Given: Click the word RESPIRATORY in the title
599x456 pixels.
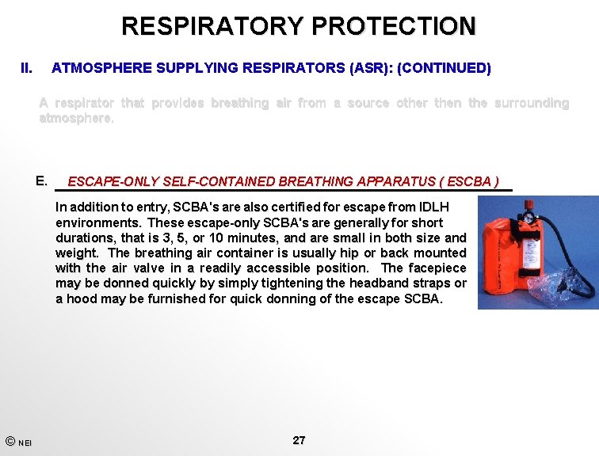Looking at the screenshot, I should tap(212, 25).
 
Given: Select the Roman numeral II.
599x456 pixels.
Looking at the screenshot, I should tap(26, 69).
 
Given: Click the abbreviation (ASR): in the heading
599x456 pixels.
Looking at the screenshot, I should tap(371, 69).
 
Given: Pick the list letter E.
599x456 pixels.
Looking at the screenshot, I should tap(42, 180).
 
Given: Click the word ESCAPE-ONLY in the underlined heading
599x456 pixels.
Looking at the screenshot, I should tap(113, 182).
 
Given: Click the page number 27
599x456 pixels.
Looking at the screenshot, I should tap(299, 440).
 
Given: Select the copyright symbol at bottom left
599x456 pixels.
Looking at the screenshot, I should tap(9, 441).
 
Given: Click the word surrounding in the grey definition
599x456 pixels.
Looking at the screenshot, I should tap(531, 104).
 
